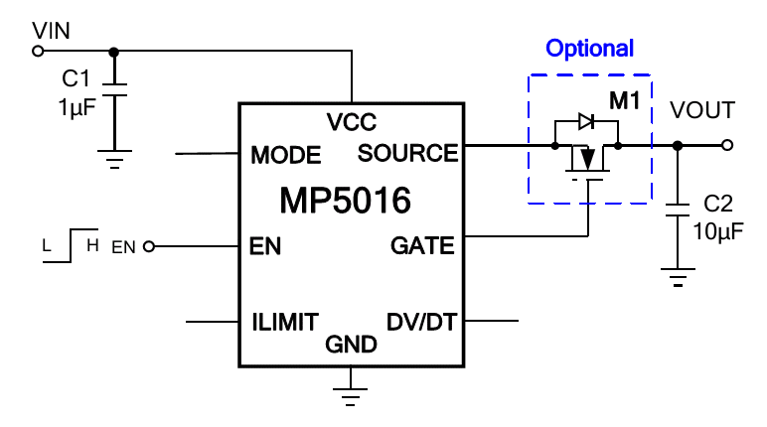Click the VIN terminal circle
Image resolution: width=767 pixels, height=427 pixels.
point(38,51)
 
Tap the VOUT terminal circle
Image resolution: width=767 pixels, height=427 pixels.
point(727,145)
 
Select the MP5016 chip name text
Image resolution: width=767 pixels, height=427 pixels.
point(346,200)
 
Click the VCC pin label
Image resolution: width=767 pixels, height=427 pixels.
point(352,122)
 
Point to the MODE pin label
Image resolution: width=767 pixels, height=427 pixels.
point(286,156)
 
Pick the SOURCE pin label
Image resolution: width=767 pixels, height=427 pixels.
point(408,153)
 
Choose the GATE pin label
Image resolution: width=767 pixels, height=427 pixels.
point(422,245)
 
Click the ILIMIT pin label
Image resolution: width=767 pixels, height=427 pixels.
point(285,323)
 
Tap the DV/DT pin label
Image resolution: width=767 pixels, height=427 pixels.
point(421,323)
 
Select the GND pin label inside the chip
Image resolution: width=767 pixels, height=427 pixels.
point(352,345)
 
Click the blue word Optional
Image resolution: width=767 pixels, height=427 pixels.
point(590,49)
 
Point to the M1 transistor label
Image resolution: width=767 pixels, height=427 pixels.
point(625,100)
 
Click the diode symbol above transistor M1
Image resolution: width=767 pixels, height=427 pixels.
point(586,121)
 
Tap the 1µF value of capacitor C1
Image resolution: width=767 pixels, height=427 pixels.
point(77,107)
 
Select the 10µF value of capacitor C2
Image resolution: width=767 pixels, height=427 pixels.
point(718,230)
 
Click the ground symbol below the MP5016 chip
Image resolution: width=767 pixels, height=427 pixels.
point(351,396)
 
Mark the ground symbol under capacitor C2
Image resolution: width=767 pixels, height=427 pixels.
point(678,277)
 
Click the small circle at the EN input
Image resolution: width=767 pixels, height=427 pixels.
point(149,246)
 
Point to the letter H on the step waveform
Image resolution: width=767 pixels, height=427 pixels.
point(92,245)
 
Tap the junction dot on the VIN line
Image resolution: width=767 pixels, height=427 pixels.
point(113,52)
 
